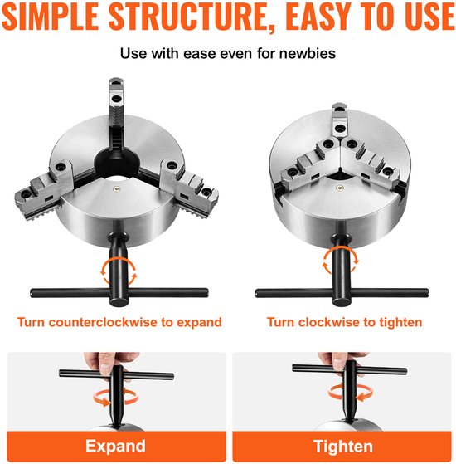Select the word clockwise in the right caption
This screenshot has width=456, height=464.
(x=332, y=322)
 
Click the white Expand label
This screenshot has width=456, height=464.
(x=115, y=446)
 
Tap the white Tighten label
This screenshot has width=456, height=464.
(x=343, y=446)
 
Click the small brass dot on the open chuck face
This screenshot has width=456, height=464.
(x=117, y=188)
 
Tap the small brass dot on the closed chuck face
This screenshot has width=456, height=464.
(x=339, y=188)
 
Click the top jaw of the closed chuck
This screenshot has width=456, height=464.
(x=339, y=120)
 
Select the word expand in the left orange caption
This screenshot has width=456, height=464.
(x=199, y=322)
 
